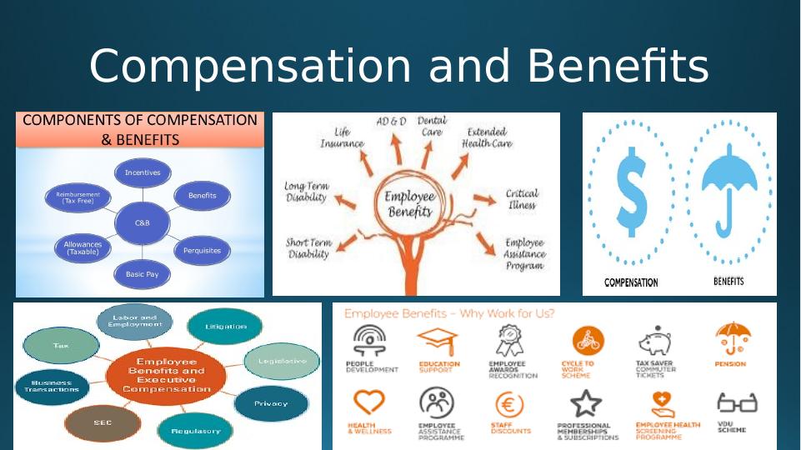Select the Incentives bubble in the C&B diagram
[x=143, y=172]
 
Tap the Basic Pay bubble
[x=142, y=273]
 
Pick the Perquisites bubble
[x=202, y=249]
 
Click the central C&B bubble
[x=143, y=222]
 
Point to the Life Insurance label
[x=342, y=137]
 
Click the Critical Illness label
[x=521, y=199]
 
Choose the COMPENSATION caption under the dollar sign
[x=631, y=282]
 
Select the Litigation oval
[x=225, y=327]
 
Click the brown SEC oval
[x=103, y=422]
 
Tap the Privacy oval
[x=270, y=403]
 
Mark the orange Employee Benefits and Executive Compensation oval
[x=166, y=375]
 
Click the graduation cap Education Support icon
[x=437, y=341]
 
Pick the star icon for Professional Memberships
[x=587, y=404]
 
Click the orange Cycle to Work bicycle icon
[x=588, y=341]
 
